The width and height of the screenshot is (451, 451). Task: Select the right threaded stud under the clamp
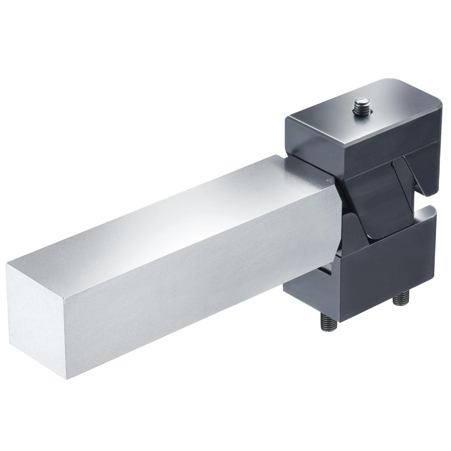click(400, 300)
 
